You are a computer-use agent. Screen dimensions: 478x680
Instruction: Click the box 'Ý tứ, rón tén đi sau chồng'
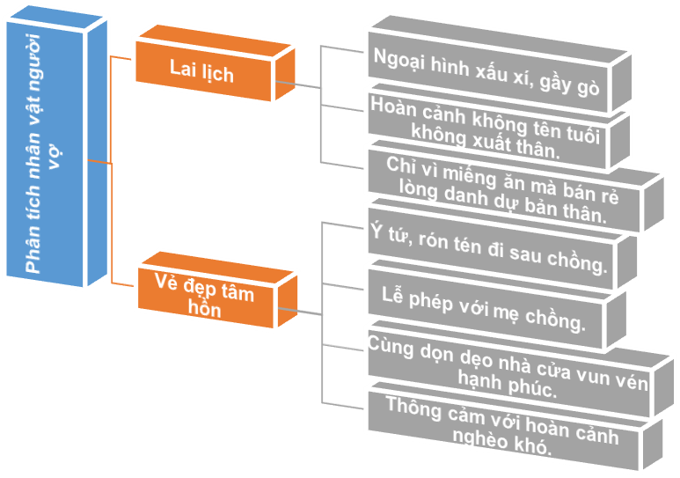point(488,251)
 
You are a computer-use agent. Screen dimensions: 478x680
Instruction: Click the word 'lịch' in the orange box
point(218,73)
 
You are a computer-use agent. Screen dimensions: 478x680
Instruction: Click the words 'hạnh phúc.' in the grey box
point(508,386)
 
